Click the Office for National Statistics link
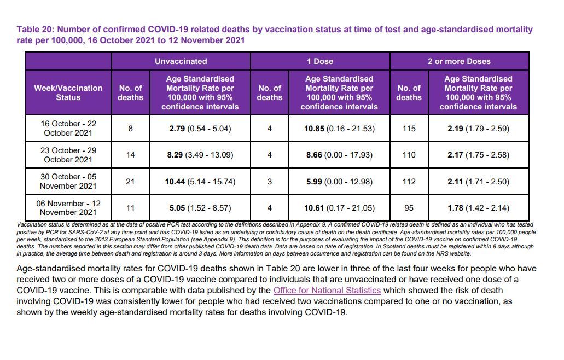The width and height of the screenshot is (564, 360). coord(327,290)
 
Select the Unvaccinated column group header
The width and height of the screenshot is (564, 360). coord(181,61)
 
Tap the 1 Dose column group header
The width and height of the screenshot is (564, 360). coord(320,61)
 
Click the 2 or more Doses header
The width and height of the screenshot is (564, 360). coord(460,61)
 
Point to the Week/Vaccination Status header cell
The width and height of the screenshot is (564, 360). coord(68,93)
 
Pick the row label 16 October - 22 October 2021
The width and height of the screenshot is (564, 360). coord(68,129)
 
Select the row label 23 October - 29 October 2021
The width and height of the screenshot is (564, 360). coord(68,155)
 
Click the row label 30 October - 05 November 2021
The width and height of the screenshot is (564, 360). coord(68,181)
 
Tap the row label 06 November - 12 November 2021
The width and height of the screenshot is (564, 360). coord(68,208)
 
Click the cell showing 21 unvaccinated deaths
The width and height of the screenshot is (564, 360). coord(131,182)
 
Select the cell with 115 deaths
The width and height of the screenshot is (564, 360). coord(409,129)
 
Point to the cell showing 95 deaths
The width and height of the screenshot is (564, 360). coord(409,208)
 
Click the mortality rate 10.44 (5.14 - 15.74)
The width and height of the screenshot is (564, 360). coord(200,182)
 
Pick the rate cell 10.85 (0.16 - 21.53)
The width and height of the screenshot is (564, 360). coord(339,129)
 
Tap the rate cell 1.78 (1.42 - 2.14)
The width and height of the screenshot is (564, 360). coord(479,208)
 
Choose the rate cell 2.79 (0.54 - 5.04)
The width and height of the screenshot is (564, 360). coord(200,129)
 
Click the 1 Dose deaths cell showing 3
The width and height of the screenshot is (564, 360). coord(270,182)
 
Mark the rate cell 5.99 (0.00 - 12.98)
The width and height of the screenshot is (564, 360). coord(339,182)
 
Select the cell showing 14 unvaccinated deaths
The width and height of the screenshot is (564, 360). coord(131,155)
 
